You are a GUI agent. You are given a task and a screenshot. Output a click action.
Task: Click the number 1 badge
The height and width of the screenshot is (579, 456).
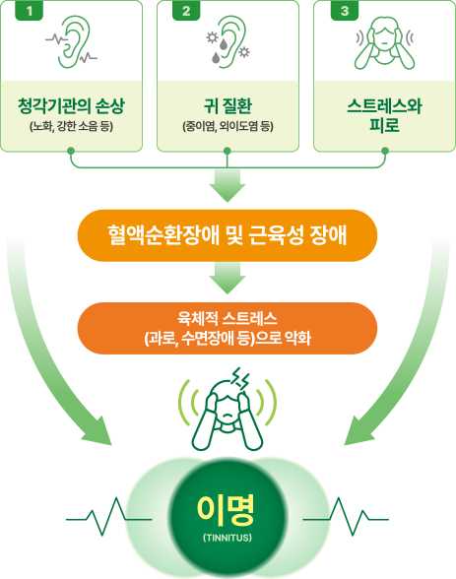pos(30,10)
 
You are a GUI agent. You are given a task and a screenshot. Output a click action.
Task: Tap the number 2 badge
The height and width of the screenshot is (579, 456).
pos(186,10)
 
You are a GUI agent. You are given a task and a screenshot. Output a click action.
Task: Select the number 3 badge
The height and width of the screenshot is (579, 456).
pos(345,10)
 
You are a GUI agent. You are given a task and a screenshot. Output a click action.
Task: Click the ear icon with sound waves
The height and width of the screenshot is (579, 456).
pos(72,41)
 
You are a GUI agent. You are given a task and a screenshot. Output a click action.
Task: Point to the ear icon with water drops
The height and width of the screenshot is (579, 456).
pos(228,41)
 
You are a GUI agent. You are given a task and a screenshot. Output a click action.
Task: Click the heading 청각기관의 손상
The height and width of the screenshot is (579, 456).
pos(71,106)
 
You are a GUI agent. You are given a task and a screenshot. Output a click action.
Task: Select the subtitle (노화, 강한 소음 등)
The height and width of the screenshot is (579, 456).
pos(71,127)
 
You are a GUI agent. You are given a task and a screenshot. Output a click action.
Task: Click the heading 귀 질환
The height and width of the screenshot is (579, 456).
pos(228,106)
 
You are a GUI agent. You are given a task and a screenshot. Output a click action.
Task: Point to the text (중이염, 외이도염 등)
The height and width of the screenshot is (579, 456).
pos(228,127)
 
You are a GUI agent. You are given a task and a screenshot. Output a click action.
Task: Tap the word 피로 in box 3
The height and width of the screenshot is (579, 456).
pos(384,124)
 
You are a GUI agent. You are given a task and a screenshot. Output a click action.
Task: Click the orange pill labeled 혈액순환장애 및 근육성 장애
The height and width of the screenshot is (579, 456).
pos(228,235)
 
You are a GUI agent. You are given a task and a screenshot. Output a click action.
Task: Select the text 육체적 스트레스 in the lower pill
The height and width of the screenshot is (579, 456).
pos(228,318)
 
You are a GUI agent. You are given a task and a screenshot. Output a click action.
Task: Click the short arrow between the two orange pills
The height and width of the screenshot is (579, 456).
pos(228,278)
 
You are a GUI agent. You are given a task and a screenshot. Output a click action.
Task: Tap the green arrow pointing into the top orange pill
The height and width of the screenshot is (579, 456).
pos(228,186)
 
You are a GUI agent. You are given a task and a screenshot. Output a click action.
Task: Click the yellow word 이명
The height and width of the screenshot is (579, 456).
pos(226,510)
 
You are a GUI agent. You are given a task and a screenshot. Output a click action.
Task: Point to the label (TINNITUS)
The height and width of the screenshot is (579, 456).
pos(228,538)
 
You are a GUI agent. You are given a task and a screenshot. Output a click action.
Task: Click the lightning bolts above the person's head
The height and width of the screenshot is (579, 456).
pos(240,378)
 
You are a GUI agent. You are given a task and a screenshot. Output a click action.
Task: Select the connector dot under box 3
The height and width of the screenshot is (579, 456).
pos(385,151)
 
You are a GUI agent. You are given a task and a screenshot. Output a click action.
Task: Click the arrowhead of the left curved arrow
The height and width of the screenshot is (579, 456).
pos(98,432)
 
